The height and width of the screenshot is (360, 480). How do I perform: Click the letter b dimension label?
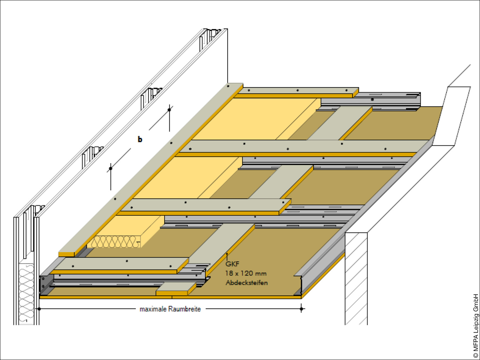pyautogui.click(x=140, y=139)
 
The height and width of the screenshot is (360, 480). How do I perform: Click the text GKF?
pyautogui.click(x=232, y=264)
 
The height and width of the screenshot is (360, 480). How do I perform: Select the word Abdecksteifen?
pyautogui.click(x=247, y=283)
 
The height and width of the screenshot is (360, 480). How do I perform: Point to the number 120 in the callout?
pyautogui.click(x=247, y=273)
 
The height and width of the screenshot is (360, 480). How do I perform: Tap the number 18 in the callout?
pyautogui.click(x=229, y=273)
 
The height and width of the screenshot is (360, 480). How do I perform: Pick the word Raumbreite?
pyautogui.click(x=185, y=309)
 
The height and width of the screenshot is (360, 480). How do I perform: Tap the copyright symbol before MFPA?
pyautogui.click(x=476, y=356)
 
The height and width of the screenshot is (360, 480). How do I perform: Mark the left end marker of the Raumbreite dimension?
pyautogui.click(x=39, y=309)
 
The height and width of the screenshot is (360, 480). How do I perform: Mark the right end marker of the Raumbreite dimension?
pyautogui.click(x=301, y=309)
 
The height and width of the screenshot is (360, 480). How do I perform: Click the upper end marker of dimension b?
pyautogui.click(x=169, y=110)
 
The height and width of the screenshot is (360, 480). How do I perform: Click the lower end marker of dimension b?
pyautogui.click(x=110, y=168)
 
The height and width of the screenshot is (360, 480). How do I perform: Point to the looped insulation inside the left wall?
pyautogui.click(x=26, y=293)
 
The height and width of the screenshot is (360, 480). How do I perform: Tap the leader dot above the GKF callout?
pyautogui.click(x=227, y=254)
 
